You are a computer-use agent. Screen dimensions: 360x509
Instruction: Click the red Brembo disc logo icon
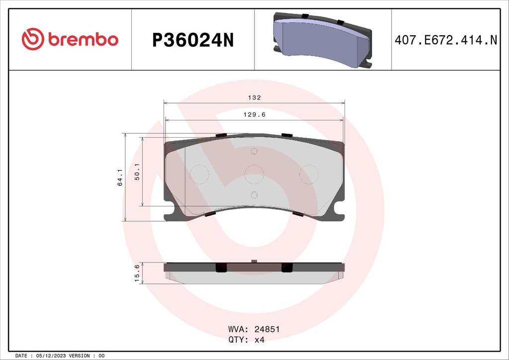pyautogui.click(x=33, y=39)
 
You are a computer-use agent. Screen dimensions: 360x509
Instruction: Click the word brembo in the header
pyautogui.click(x=84, y=40)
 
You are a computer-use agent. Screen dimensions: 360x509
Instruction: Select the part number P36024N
pyautogui.click(x=192, y=40)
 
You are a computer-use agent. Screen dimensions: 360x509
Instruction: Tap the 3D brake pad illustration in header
pyautogui.click(x=322, y=40)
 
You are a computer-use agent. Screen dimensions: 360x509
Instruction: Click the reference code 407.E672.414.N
pyautogui.click(x=445, y=40)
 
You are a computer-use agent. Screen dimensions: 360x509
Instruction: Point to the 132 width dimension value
pyautogui.click(x=254, y=98)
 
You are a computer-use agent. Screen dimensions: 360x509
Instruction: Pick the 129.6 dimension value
pyautogui.click(x=254, y=114)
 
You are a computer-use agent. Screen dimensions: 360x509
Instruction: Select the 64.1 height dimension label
pyautogui.click(x=120, y=177)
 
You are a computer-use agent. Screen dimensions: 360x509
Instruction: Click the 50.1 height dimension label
pyautogui.click(x=137, y=172)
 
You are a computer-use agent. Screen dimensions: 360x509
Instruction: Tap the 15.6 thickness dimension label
pyautogui.click(x=137, y=273)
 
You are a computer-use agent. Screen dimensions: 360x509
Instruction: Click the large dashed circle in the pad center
pyautogui.click(x=254, y=173)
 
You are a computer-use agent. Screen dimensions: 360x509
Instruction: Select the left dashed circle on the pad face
pyautogui.click(x=199, y=173)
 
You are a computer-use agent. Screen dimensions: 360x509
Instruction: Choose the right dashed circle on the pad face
pyautogui.click(x=309, y=173)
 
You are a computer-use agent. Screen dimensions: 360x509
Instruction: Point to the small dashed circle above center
pyautogui.click(x=254, y=151)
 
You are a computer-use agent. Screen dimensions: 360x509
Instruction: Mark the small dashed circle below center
pyautogui.click(x=254, y=194)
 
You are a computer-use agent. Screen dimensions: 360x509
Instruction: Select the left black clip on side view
pyautogui.click(x=221, y=268)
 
